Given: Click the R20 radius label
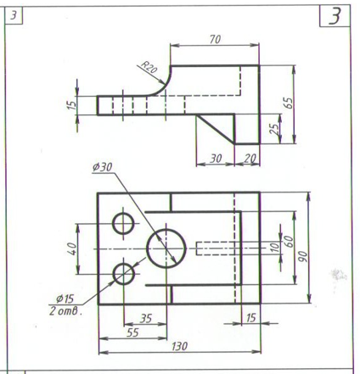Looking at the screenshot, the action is point(149,68).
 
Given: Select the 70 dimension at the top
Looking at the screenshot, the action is point(215,40).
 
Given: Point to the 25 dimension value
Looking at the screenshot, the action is point(274,129).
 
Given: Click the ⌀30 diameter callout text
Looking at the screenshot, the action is point(103,167).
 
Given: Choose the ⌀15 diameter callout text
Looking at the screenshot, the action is point(65,299).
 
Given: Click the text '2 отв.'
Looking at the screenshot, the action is point(65,311).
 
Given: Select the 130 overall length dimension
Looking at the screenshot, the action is point(179,346).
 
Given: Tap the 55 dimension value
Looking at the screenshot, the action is point(132,332).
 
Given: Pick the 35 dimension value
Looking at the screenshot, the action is point(146,319).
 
